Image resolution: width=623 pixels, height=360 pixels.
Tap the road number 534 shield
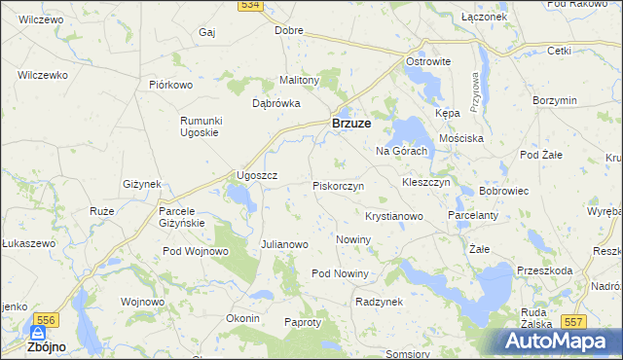[251, 6]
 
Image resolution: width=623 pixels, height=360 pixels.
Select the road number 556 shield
[44, 319]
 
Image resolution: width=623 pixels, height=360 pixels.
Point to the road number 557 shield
[574, 321]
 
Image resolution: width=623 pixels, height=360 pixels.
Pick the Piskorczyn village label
[338, 185]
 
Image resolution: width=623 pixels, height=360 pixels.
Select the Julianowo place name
[284, 244]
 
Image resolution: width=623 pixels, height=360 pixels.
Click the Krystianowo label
[393, 216]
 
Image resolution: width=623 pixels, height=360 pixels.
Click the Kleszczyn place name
[425, 182]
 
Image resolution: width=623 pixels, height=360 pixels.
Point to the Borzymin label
[556, 100]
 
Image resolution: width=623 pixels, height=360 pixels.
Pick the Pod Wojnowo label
[195, 251]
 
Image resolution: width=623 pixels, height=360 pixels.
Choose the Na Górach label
[401, 151]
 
